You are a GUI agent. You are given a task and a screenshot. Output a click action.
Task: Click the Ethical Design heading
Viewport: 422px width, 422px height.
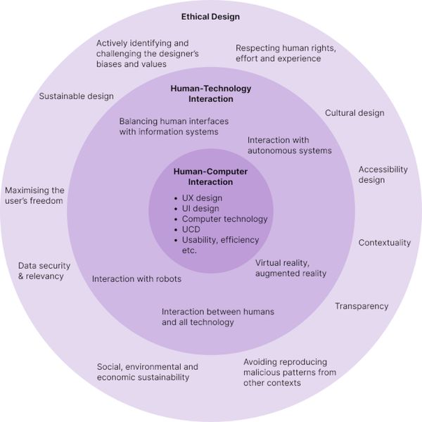pyautogui.click(x=210, y=16)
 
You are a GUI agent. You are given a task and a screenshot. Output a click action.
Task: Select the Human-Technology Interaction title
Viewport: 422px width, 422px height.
pyautogui.click(x=210, y=94)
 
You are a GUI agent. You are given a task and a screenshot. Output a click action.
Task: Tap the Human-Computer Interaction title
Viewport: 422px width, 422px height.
pyautogui.click(x=210, y=177)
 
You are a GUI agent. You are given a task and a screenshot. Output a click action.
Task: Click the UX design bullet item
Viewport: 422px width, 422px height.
pyautogui.click(x=202, y=198)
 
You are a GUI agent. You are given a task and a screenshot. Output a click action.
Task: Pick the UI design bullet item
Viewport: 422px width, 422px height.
pyautogui.click(x=200, y=209)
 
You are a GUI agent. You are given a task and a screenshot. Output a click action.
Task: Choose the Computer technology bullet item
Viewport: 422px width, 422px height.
pyautogui.click(x=224, y=219)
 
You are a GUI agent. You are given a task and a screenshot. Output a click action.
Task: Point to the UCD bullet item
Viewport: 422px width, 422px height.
pyautogui.click(x=192, y=229)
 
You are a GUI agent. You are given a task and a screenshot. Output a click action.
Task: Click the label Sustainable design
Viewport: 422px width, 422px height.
pyautogui.click(x=76, y=96)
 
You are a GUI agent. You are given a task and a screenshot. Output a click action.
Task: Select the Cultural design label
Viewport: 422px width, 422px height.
pyautogui.click(x=354, y=113)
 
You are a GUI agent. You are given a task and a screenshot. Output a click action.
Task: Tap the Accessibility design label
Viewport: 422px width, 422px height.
pyautogui.click(x=383, y=174)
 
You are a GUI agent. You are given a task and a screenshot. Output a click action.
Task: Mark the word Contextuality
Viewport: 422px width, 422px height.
pyautogui.click(x=385, y=243)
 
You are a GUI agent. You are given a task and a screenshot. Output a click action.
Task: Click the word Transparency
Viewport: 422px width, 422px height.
pyautogui.click(x=362, y=306)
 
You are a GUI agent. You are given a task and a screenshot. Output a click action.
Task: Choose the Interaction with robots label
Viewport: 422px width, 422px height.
pyautogui.click(x=136, y=279)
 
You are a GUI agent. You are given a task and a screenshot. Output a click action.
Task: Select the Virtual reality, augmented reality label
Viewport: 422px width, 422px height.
pyautogui.click(x=290, y=268)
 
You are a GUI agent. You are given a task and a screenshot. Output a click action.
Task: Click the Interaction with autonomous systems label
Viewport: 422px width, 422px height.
pyautogui.click(x=289, y=145)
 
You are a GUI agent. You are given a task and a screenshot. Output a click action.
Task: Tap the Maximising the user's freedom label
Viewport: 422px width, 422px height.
pyautogui.click(x=34, y=196)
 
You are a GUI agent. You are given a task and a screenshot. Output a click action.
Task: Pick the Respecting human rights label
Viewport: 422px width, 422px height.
pyautogui.click(x=286, y=53)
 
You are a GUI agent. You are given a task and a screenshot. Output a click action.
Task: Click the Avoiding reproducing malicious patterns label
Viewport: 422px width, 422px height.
pyautogui.click(x=290, y=372)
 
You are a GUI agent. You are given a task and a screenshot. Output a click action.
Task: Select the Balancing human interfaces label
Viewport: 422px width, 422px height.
pyautogui.click(x=168, y=126)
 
